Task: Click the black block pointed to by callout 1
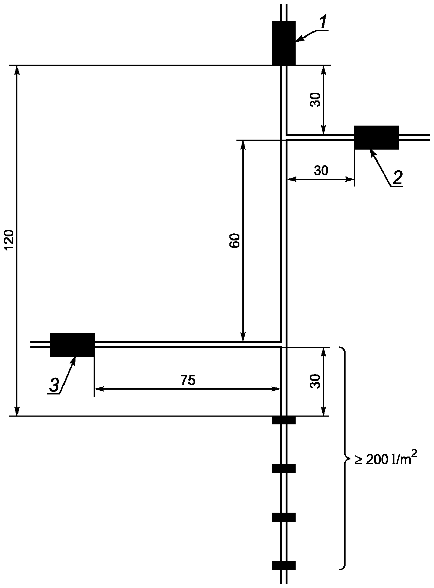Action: coord(283,43)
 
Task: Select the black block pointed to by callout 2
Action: coord(376,137)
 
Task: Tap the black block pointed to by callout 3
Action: coord(73,345)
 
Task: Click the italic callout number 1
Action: coord(323,23)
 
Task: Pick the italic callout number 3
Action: coord(54,386)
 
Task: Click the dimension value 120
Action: coord(9,240)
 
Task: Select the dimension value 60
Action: coord(234,240)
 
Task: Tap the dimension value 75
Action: coord(188,380)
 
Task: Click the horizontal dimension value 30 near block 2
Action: coord(321,171)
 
